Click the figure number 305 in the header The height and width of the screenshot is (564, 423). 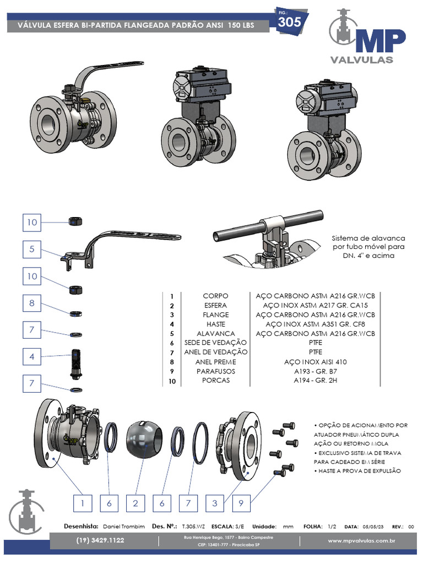coord(289,22)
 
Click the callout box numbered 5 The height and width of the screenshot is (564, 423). coord(32,249)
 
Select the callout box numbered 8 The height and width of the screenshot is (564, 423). coord(32,303)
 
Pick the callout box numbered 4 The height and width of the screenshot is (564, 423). coord(32,357)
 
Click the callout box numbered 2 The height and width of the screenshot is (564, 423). coord(135,503)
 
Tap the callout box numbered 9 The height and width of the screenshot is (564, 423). coord(241,503)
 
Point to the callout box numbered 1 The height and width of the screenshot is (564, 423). coord(82,503)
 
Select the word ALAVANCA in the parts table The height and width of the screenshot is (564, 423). coord(216,333)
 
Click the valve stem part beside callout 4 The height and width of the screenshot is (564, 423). coord(77,364)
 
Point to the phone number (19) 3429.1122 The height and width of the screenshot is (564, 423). coord(100,540)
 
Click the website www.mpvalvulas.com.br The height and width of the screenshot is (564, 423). coord(362,540)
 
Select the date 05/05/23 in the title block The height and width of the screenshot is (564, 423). coord(374,526)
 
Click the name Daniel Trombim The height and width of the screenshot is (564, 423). coord(124,526)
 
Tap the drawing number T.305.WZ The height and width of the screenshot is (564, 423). coord(194,526)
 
